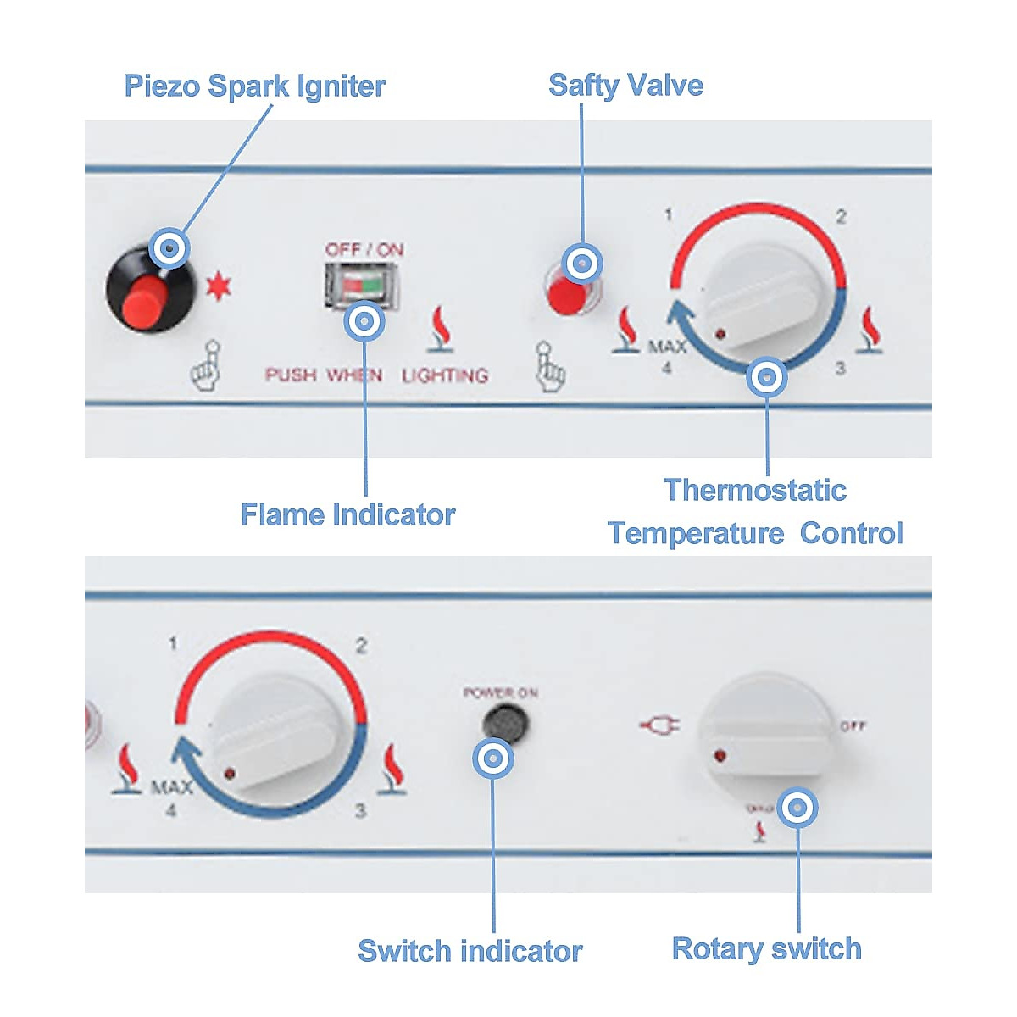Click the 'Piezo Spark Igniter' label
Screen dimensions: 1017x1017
coord(254,86)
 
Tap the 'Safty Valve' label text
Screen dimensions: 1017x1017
coord(625,86)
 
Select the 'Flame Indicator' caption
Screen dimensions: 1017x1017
coord(347,514)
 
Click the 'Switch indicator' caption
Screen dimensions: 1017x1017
coord(470,951)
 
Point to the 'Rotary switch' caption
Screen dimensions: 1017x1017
coord(766,948)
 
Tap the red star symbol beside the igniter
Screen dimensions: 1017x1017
coord(218,286)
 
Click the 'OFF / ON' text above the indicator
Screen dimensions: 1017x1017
coord(364,249)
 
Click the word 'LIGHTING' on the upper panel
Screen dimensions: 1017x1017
coord(445,375)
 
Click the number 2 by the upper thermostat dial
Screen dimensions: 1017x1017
coord(841,217)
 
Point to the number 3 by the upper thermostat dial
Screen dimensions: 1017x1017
coord(840,368)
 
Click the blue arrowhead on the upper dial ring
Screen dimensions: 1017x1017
coord(680,314)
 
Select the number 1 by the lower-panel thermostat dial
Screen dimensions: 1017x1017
coord(173,644)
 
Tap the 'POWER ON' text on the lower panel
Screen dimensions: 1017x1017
coord(500,693)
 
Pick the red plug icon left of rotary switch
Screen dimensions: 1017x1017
coord(659,725)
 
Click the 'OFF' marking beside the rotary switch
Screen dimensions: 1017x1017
coord(852,726)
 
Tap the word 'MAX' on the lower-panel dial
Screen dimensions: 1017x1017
coord(171,788)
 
